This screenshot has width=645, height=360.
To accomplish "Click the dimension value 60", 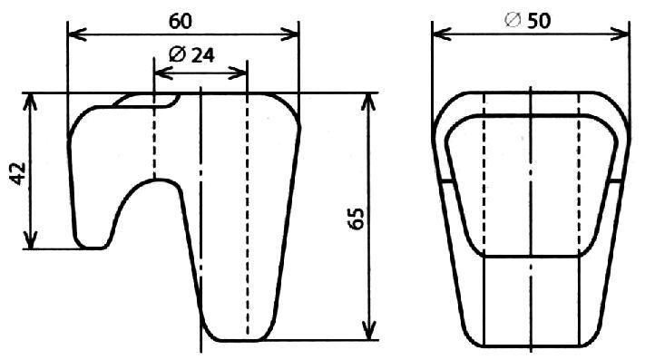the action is (x=181, y=22).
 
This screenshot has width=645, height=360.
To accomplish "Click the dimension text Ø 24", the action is (x=191, y=55).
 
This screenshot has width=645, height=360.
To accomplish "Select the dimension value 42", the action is (x=18, y=174).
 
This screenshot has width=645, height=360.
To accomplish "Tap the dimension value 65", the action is (x=357, y=219).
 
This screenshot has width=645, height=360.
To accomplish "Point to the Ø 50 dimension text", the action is (x=528, y=20).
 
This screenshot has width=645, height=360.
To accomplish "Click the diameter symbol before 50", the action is (x=513, y=20).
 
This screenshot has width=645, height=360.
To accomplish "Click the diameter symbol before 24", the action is (x=177, y=55).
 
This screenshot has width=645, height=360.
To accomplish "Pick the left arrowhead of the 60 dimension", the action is (x=77, y=34).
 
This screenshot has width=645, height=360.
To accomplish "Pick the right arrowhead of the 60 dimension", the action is (x=289, y=34).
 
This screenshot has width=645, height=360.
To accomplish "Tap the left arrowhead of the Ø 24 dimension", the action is (x=163, y=73).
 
